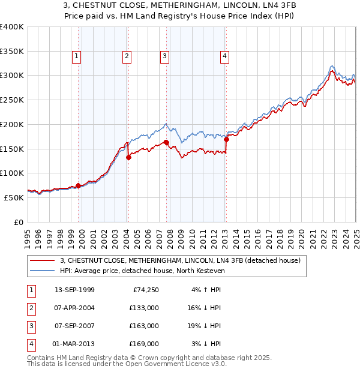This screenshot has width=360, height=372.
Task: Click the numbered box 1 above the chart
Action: pos(77,57)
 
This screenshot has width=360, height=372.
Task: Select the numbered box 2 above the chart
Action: pos(127,57)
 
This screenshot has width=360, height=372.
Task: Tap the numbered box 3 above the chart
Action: pos(164,57)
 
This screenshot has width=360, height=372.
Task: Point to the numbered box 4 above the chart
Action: pos(224,57)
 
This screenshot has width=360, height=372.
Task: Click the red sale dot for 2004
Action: pos(128,158)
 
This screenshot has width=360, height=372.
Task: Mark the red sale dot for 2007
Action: pos(166,142)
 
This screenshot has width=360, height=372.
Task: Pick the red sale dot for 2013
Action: pos(226,140)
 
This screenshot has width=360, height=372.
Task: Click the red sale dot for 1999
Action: pos(78,186)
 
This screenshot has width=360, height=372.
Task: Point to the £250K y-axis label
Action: pos(12,100)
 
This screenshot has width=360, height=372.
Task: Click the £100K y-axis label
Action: pos(12,173)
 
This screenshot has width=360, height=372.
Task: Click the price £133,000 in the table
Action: pos(144,308)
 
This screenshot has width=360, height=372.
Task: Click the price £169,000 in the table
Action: pos(144,344)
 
